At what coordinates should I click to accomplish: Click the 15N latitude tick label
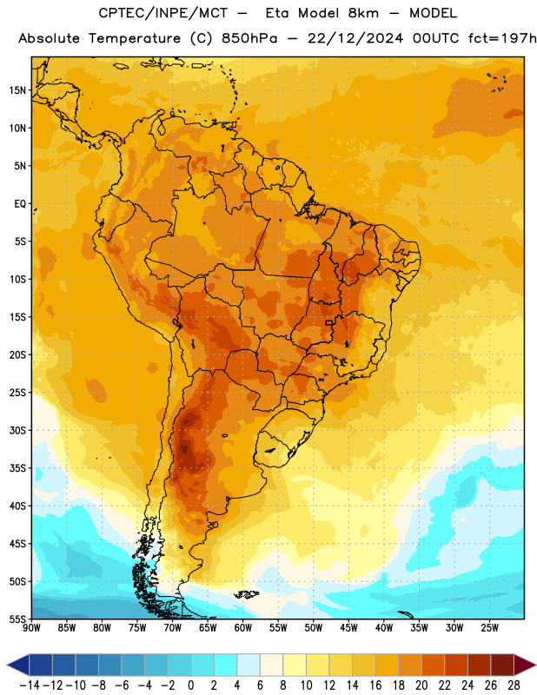coord(17,90)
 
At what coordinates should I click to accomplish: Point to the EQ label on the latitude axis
coord(20,204)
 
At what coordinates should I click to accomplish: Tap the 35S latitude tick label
coord(17,468)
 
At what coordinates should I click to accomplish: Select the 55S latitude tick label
coord(17,619)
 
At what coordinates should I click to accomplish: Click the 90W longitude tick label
coord(31,628)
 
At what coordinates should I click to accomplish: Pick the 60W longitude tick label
coord(243,628)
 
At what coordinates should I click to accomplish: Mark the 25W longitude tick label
coord(489,628)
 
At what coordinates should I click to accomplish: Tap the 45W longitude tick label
coord(349,628)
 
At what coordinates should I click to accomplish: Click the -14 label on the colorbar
coord(30,685)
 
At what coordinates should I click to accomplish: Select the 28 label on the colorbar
coord(514,685)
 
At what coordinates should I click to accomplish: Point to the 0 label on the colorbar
coord(191,685)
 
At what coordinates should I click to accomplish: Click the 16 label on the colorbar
coord(375,685)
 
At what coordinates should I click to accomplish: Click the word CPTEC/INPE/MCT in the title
coord(163,13)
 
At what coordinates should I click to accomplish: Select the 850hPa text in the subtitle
coord(249,38)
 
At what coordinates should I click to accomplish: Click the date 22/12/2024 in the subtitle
coord(355,38)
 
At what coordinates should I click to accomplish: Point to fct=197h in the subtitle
coord(502,38)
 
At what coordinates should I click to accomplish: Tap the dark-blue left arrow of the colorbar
coord(18,665)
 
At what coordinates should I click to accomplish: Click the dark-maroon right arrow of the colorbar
coord(525,665)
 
